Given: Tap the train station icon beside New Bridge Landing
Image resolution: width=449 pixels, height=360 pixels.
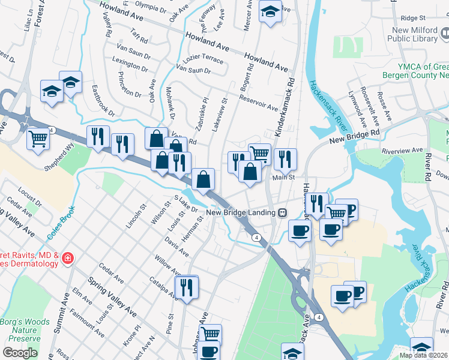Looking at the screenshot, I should [x=282, y=212].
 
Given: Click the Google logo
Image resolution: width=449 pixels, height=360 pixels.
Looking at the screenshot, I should [x=20, y=353].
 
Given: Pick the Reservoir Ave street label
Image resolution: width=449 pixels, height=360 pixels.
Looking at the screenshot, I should [x=258, y=103].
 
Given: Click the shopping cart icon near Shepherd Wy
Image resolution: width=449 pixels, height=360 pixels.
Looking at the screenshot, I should [x=38, y=137].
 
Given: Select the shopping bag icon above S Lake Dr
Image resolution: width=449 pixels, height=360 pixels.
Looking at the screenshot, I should [x=203, y=178].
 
